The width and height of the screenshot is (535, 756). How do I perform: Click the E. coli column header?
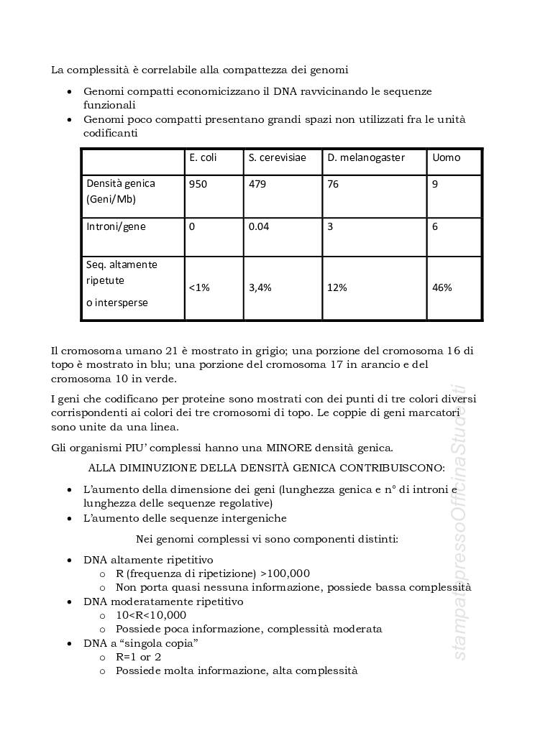203,157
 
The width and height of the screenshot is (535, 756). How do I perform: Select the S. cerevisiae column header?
277,157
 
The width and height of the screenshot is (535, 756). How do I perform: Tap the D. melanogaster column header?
366,157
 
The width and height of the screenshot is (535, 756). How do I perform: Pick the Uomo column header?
446,157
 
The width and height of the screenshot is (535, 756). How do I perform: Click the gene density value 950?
198,184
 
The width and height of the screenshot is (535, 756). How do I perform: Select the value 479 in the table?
257,184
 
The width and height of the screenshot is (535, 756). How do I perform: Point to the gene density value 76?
333,184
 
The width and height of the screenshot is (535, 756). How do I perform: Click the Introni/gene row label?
116,226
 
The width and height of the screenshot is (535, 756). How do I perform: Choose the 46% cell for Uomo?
442,287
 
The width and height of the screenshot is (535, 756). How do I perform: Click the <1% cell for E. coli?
199,287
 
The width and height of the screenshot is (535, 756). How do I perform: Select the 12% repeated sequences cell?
337,287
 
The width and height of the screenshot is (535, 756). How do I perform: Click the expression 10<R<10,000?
151,615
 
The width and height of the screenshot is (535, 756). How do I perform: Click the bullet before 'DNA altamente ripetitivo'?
68,560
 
